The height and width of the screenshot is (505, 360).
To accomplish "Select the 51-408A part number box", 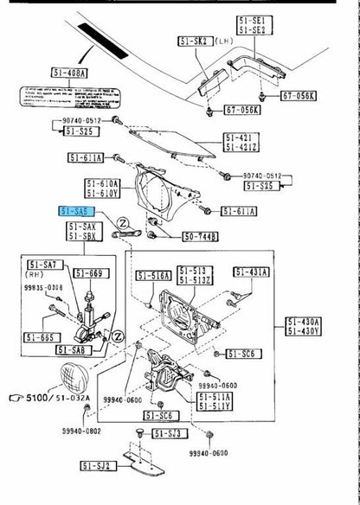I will pyautogui.click(x=69, y=74).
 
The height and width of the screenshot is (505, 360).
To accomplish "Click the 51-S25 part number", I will pyautogui.click(x=82, y=129).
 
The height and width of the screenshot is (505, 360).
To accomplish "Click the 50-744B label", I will pyautogui.click(x=200, y=235).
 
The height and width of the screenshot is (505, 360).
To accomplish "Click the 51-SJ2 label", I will pyautogui.click(x=97, y=465).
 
